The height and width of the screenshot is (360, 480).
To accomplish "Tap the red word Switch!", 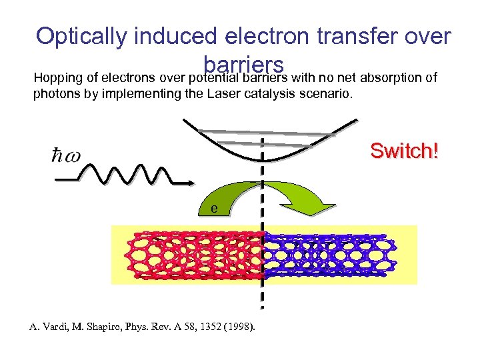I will (405, 151).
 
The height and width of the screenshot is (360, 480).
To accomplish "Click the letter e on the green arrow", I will (214, 208).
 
